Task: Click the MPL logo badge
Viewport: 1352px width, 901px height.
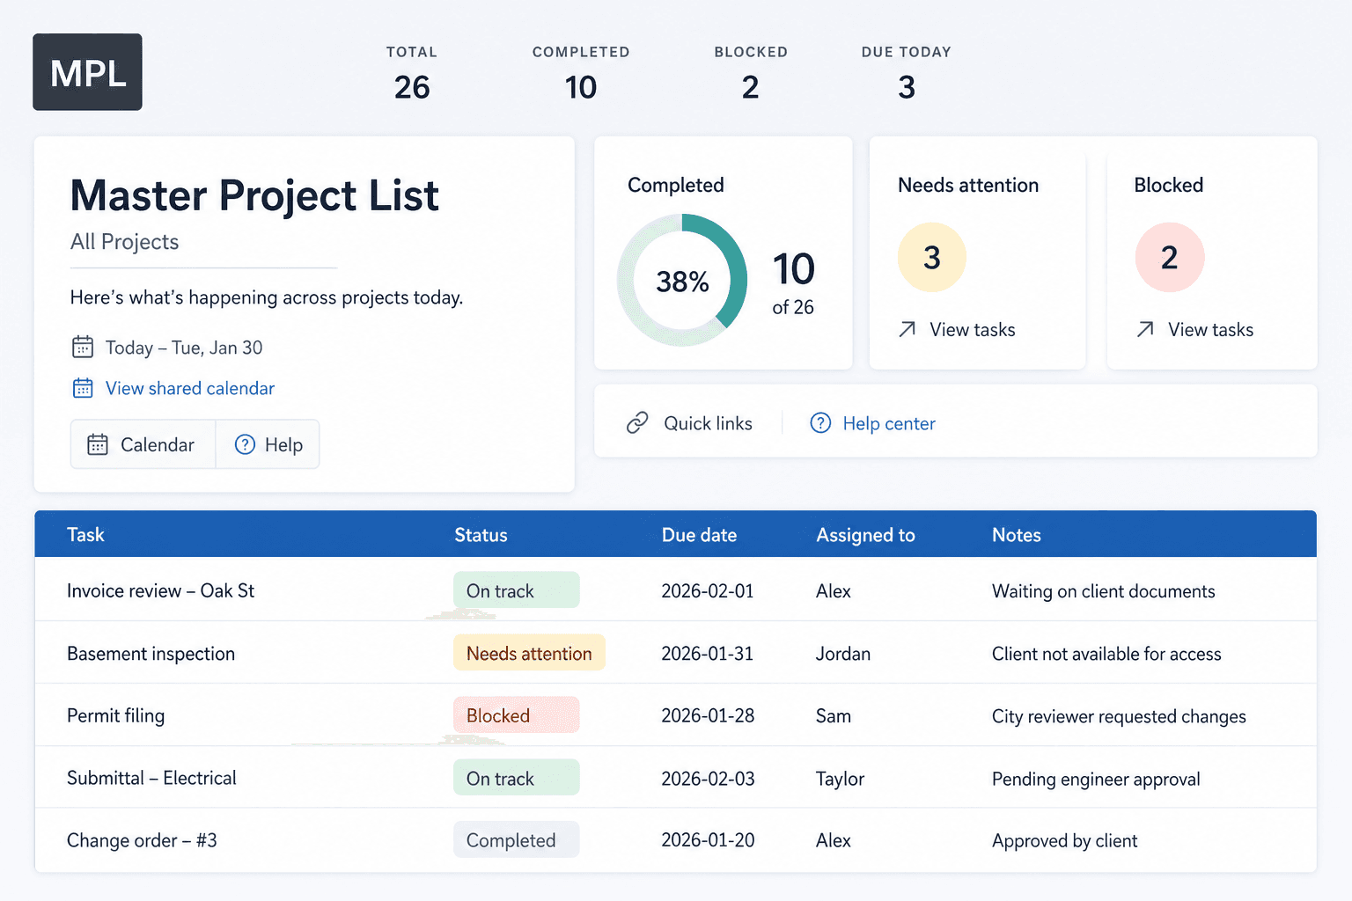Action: (x=87, y=72)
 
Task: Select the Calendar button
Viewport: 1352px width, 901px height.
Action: (x=143, y=444)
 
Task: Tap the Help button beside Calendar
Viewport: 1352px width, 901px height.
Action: (x=268, y=444)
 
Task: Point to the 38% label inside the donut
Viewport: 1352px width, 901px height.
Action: (x=682, y=282)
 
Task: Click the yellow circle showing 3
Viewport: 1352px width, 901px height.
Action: (x=932, y=258)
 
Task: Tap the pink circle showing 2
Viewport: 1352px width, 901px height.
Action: (x=1170, y=258)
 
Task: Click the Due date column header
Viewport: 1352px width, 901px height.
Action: (x=699, y=535)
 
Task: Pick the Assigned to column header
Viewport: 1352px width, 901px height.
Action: (x=865, y=535)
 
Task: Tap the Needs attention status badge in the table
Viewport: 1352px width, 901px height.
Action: (x=529, y=652)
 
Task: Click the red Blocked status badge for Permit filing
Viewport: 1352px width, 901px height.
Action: (x=516, y=715)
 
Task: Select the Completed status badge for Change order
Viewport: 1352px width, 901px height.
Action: (x=516, y=839)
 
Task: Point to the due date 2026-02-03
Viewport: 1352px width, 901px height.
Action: (x=708, y=779)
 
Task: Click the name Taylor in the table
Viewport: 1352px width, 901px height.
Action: (x=841, y=779)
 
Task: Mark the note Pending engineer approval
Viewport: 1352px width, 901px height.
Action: (x=1096, y=779)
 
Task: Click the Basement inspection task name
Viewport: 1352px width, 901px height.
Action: (x=151, y=654)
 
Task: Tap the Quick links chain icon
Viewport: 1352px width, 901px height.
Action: (x=637, y=423)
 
